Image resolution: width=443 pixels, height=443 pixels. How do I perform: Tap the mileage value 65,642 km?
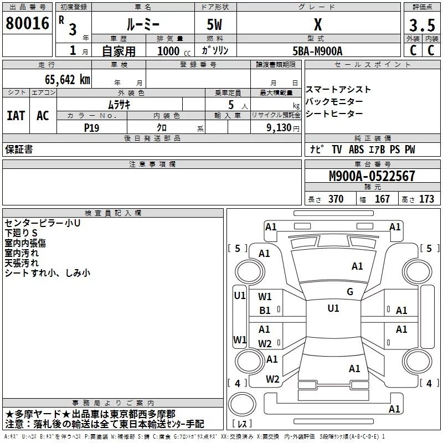pyautogui.click(x=62, y=79)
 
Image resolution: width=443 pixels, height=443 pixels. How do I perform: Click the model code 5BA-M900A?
pyautogui.click(x=317, y=51)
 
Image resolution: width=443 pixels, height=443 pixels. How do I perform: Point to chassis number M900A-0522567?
pyautogui.click(x=372, y=177)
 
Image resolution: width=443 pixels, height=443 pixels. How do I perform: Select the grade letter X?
pyautogui.click(x=318, y=25)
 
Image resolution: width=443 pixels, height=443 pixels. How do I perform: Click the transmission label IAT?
pyautogui.click(x=16, y=116)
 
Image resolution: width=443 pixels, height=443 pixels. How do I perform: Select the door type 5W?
pyautogui.click(x=215, y=25)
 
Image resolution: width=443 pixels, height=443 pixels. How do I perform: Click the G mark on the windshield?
pyautogui.click(x=349, y=292)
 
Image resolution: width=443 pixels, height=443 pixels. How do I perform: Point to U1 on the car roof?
pyautogui.click(x=333, y=308)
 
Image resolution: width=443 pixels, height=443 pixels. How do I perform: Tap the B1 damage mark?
pyautogui.click(x=265, y=311)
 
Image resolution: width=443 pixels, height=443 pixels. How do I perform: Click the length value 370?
pyautogui.click(x=336, y=199)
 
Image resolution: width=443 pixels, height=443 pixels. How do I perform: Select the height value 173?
pyautogui.click(x=426, y=199)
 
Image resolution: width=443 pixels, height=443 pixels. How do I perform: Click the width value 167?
pyautogui.click(x=382, y=199)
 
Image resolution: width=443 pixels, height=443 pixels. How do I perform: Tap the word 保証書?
pyautogui.click(x=19, y=150)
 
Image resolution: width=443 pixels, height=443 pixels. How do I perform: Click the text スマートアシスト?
pyautogui.click(x=338, y=90)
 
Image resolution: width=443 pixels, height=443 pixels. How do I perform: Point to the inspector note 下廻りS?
pyautogui.click(x=20, y=233)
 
